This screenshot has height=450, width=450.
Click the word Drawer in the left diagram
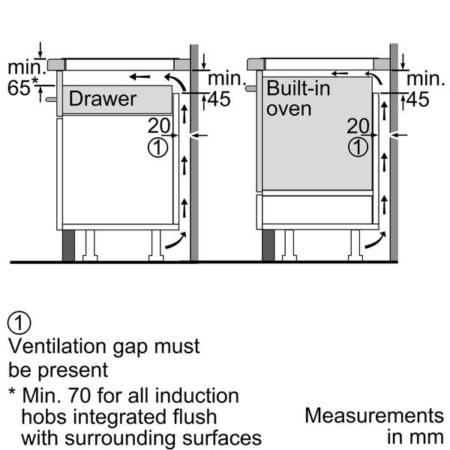click(103, 99)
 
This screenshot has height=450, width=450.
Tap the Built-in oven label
click(298, 98)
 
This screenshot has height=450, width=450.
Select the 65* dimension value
click(22, 87)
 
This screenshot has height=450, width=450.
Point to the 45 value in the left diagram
click(219, 99)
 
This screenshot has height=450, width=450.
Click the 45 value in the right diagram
click(418, 99)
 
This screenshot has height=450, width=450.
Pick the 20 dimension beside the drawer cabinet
click(159, 125)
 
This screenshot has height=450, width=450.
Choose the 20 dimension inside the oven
click(358, 125)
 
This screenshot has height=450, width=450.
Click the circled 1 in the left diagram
click(157, 148)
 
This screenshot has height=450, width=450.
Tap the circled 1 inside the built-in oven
click(358, 148)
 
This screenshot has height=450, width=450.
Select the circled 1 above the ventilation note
click(19, 322)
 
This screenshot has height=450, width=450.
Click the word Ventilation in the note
click(57, 346)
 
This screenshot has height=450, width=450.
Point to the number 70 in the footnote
click(80, 396)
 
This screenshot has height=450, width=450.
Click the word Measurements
click(374, 415)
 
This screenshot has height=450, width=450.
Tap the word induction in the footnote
click(196, 395)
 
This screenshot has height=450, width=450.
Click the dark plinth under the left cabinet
click(68, 245)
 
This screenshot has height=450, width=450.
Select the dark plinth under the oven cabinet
click(268, 245)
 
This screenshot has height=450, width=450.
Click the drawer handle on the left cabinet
click(51, 99)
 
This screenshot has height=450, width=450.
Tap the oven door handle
click(251, 88)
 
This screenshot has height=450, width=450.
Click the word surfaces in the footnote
click(222, 439)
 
